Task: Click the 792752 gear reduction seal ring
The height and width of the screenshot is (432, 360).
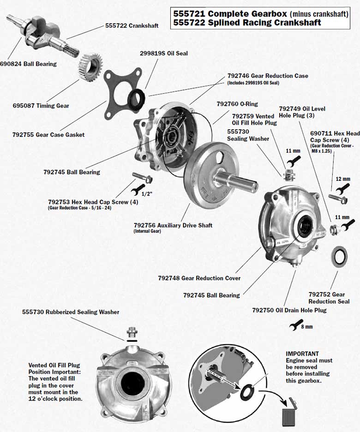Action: click(340, 257)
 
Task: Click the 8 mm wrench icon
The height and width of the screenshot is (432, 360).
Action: click(294, 324)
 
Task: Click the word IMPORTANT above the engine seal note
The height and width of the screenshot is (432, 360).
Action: click(302, 354)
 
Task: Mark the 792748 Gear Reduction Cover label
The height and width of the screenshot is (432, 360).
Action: click(199, 278)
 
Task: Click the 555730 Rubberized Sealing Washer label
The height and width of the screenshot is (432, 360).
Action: click(71, 312)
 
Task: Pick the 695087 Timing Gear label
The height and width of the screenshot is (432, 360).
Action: click(41, 106)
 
